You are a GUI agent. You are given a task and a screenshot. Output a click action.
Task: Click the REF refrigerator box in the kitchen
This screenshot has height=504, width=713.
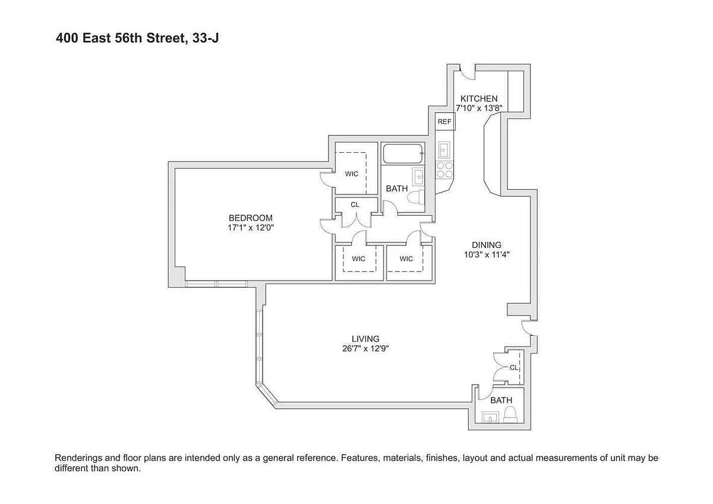click(x=444, y=121)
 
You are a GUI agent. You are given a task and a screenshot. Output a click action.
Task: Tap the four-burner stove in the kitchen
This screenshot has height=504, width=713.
click(x=444, y=170)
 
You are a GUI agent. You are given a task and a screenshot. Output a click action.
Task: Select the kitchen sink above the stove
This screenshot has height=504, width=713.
click(x=444, y=150)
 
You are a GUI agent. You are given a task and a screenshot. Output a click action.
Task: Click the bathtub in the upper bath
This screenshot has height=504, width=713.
click(x=403, y=153)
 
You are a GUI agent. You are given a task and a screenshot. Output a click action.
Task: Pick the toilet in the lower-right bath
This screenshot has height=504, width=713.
click(x=510, y=415)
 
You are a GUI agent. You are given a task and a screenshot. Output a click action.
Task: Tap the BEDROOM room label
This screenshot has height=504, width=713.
click(x=251, y=218)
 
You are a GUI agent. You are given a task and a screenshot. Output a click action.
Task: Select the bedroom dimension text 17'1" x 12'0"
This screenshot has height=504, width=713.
click(x=251, y=228)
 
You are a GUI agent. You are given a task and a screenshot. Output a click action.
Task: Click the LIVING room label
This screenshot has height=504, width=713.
click(x=365, y=338)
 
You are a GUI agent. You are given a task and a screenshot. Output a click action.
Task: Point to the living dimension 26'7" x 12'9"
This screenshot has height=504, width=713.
click(x=365, y=348)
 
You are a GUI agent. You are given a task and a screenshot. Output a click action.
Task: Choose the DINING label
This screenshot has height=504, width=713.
click(x=487, y=245)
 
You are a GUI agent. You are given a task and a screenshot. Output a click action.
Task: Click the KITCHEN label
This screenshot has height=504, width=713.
click(x=479, y=99)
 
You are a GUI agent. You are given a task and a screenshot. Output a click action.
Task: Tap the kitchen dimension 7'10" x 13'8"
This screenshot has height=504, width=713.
click(x=479, y=108)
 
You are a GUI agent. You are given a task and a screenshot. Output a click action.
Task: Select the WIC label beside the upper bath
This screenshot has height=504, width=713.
click(x=351, y=174)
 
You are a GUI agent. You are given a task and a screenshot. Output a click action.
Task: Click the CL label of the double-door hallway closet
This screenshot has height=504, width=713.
click(x=355, y=204)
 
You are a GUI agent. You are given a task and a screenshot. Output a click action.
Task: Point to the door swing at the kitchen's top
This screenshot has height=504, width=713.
click(x=467, y=73)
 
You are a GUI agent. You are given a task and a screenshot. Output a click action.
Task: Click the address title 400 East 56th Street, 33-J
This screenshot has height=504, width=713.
click(x=137, y=38)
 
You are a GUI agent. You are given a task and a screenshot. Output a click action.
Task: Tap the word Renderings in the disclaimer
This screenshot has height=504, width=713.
click(x=78, y=458)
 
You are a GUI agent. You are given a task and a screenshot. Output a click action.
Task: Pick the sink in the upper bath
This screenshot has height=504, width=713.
click(x=418, y=177)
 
